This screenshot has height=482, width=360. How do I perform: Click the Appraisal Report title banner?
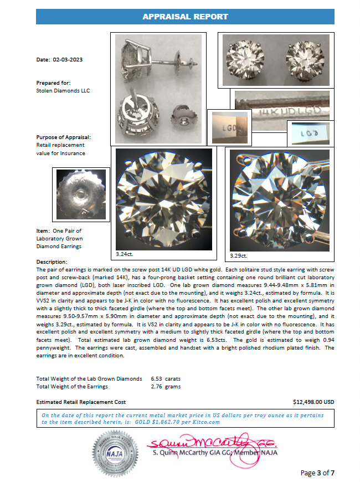click(185, 17)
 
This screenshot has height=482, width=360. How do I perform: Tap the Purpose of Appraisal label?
click(64, 137)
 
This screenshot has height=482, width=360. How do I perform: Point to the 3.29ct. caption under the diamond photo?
click(239, 256)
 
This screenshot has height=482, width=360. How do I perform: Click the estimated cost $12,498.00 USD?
click(313, 402)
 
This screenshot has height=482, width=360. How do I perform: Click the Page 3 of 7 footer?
click(317, 473)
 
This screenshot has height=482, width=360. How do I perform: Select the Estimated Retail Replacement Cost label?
click(81, 402)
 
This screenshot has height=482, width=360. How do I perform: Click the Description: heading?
click(52, 261)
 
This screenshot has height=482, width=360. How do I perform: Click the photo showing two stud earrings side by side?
click(275, 59)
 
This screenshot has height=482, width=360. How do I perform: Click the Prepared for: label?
click(52, 83)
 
